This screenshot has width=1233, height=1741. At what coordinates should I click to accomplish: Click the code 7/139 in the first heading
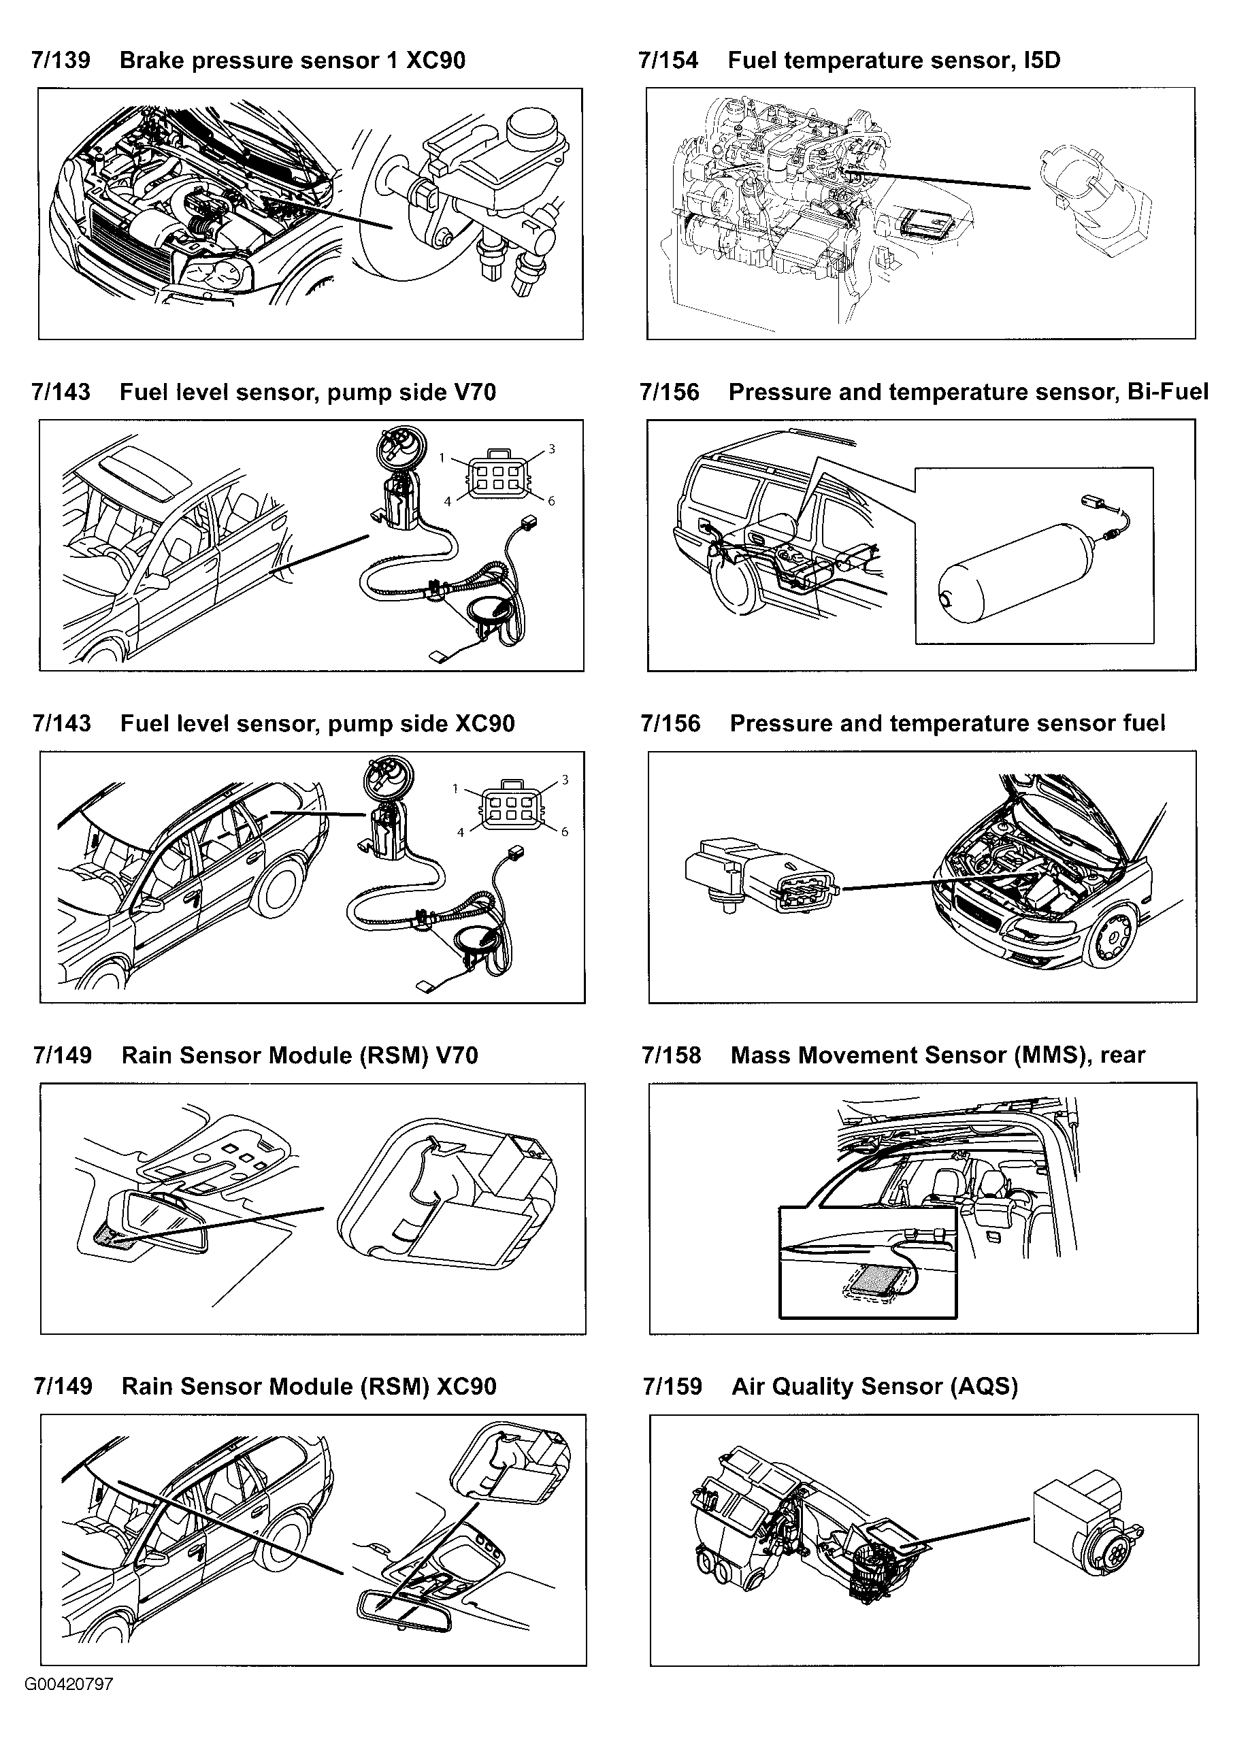(61, 61)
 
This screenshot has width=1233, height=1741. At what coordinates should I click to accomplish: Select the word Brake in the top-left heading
(152, 61)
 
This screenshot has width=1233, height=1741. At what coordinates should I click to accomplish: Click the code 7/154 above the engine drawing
(668, 61)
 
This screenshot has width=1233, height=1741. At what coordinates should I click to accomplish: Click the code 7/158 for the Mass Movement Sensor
(671, 1055)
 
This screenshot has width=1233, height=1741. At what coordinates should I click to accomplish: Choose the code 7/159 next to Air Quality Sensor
(672, 1387)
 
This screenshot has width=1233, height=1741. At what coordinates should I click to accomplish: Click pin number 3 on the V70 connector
(552, 448)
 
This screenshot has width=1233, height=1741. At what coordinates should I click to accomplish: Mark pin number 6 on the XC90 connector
(564, 832)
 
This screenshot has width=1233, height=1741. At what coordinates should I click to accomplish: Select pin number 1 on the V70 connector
(442, 458)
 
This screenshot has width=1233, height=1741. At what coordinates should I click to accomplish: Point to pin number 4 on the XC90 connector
(460, 833)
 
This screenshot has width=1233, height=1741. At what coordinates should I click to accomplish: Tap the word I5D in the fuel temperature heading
(1042, 61)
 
